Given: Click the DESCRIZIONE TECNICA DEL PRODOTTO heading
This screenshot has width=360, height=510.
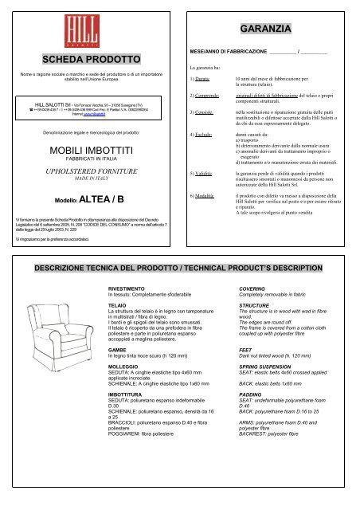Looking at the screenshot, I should coord(178,262).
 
